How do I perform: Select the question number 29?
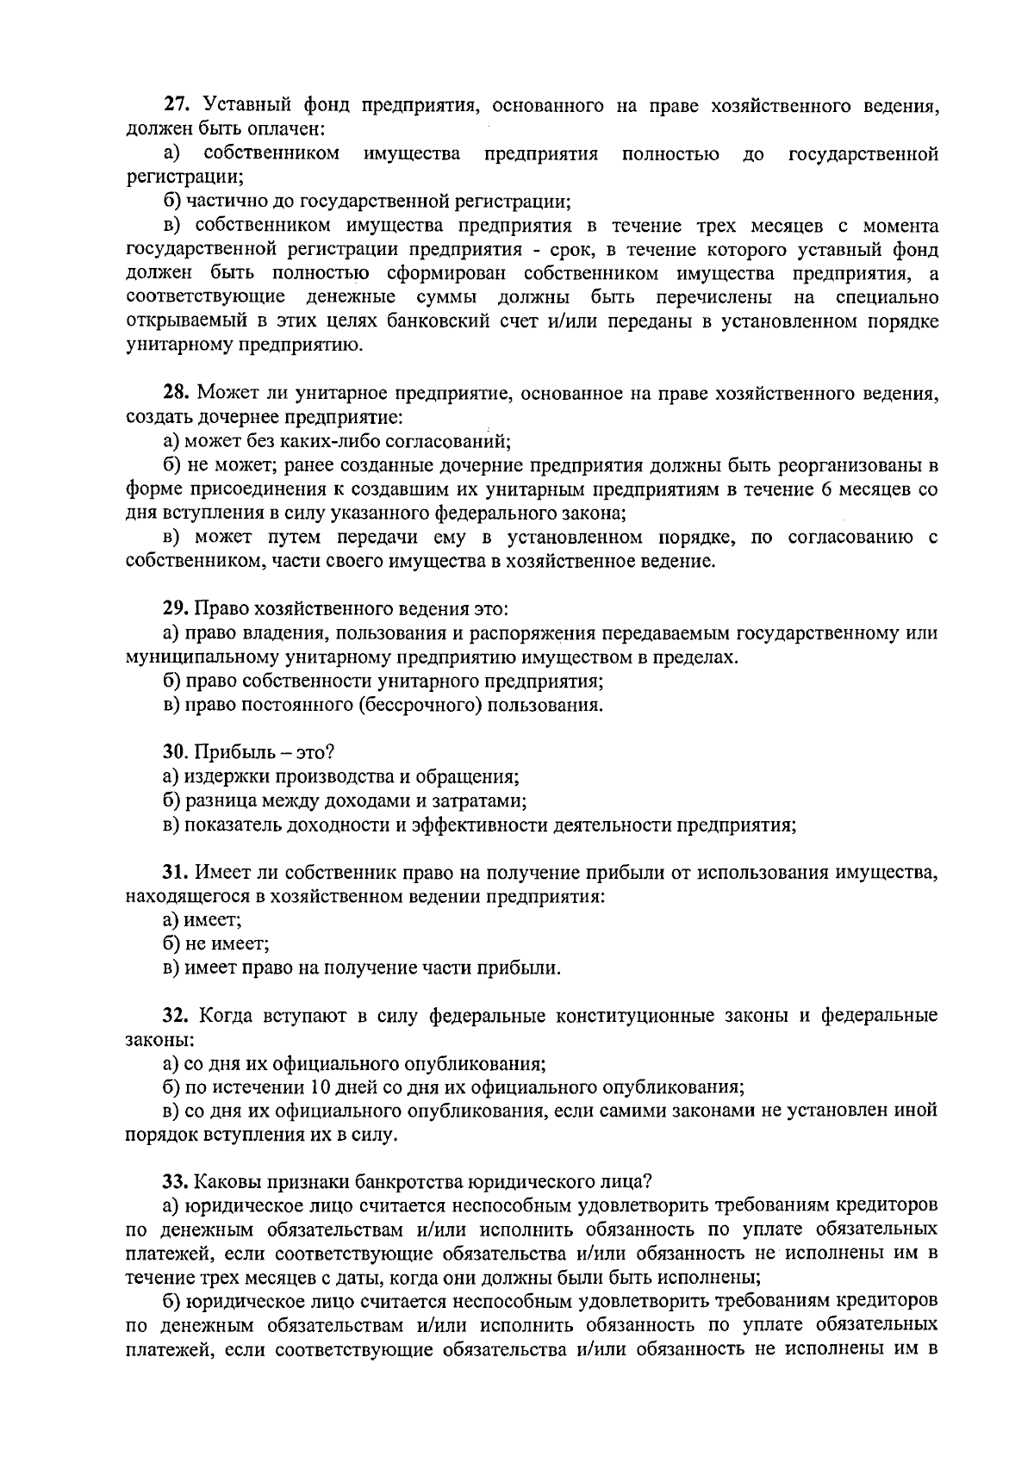pyautogui.click(x=176, y=609)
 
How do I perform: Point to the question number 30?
pyautogui.click(x=176, y=752)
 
